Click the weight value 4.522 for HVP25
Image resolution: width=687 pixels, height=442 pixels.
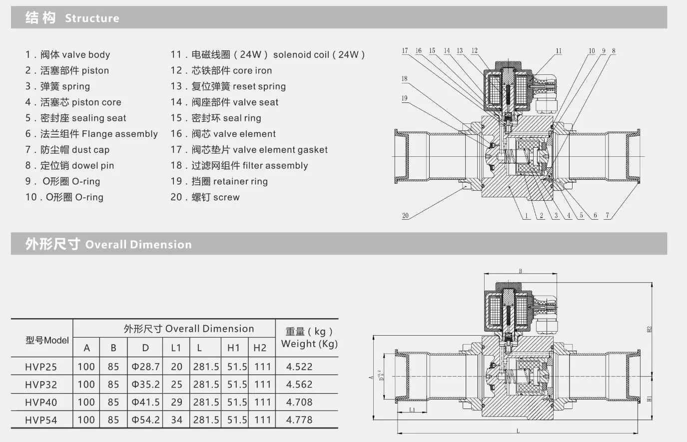click(x=299, y=367)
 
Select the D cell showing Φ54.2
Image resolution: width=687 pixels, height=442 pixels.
click(x=145, y=420)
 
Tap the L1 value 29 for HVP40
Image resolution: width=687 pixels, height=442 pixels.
click(x=176, y=402)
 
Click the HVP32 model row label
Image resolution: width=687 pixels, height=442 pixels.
click(x=41, y=385)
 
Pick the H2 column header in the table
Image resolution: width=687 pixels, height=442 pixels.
click(x=260, y=348)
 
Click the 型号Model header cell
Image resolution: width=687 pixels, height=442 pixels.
click(x=47, y=340)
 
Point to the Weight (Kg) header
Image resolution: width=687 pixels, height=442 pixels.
click(x=309, y=338)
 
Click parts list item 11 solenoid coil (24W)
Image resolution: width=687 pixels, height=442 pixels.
click(x=268, y=54)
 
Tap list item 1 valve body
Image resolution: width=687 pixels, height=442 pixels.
click(x=68, y=54)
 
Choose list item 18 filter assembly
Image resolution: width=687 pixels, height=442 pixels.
click(x=239, y=165)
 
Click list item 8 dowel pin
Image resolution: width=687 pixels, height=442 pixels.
click(x=70, y=165)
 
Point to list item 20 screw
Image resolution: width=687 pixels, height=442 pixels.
click(x=205, y=197)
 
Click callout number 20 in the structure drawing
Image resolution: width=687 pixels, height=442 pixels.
click(x=405, y=216)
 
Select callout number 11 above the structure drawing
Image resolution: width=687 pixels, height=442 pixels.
click(x=559, y=51)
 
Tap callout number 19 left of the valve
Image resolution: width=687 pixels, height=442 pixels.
click(x=404, y=98)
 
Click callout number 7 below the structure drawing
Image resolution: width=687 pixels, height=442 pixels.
click(x=608, y=216)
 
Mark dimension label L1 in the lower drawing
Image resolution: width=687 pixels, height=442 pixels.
click(x=412, y=410)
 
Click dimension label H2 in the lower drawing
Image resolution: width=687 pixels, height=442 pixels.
click(x=650, y=329)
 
